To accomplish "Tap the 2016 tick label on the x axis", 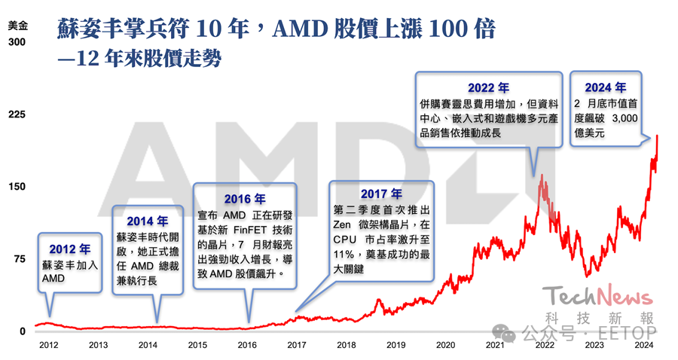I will point(246,345).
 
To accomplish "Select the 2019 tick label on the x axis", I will point(395,345).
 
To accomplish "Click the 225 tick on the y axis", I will point(17,114).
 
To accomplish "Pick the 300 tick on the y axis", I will point(17,42).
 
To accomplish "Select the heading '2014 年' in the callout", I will point(148,221).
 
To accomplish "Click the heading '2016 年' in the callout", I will point(245,200).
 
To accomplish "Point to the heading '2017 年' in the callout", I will point(381,194).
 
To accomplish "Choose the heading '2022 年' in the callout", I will point(488,88).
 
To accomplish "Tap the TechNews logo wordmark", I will point(599,294).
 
